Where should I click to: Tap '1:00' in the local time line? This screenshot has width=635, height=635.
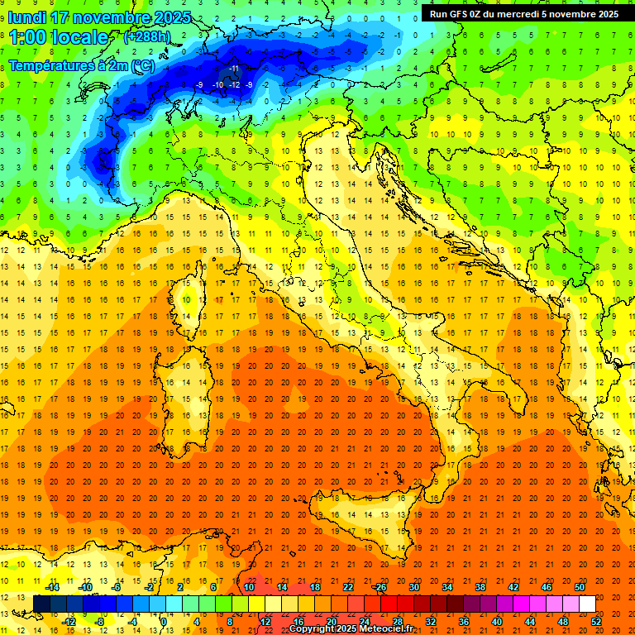click(x=27, y=37)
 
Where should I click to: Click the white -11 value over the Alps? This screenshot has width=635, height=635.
click(x=234, y=68)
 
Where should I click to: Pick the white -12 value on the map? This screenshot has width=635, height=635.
click(x=234, y=85)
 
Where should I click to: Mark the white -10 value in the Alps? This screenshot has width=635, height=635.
click(x=217, y=85)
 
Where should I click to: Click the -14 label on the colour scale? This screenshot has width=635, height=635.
click(x=52, y=587)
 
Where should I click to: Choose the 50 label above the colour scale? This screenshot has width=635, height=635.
click(x=580, y=587)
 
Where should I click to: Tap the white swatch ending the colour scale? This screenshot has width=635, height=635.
click(x=588, y=604)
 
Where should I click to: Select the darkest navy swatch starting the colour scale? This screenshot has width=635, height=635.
click(x=41, y=604)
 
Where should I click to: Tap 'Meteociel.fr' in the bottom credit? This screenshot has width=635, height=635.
click(x=393, y=629)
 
